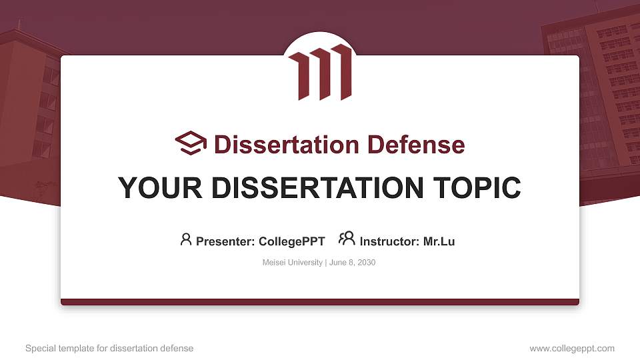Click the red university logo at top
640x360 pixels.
tap(319, 72)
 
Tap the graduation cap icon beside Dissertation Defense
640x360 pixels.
tap(191, 144)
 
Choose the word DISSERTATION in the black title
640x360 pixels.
tap(313, 188)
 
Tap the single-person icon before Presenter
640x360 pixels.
tap(186, 239)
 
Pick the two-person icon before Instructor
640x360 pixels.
tap(347, 239)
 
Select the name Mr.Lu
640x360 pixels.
tap(439, 241)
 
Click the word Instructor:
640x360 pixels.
tap(389, 241)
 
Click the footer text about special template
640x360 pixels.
tap(109, 348)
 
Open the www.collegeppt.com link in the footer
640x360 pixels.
tap(572, 348)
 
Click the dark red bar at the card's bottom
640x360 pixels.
tap(320, 302)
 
